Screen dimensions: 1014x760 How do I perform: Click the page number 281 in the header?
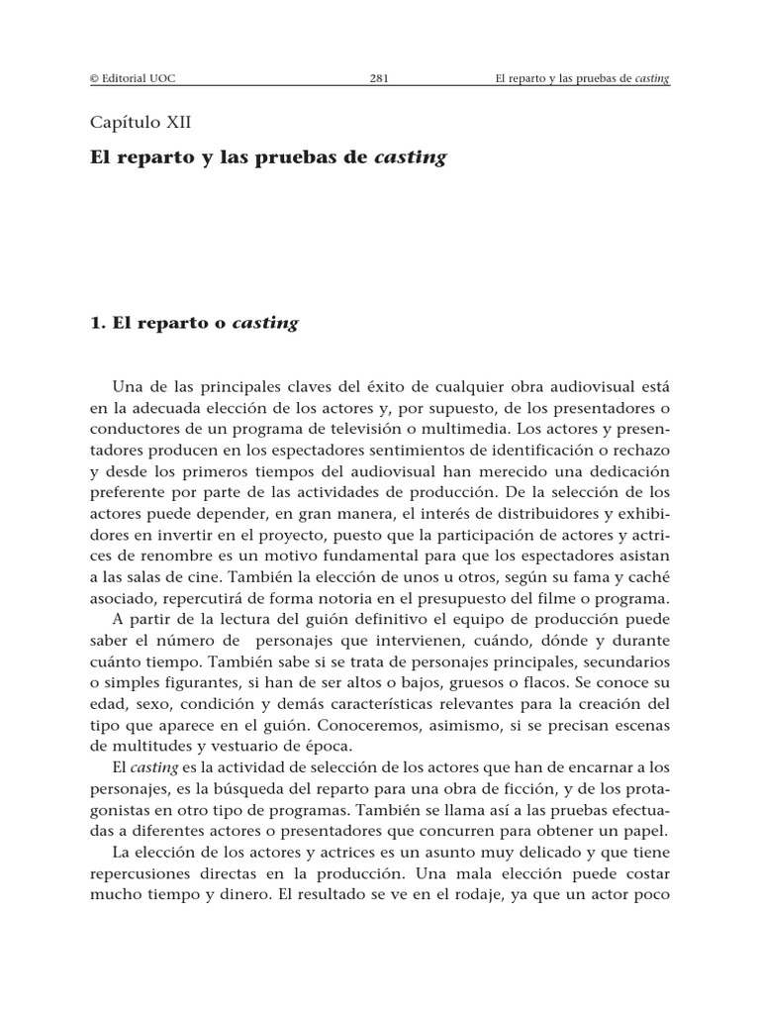(x=380, y=79)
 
